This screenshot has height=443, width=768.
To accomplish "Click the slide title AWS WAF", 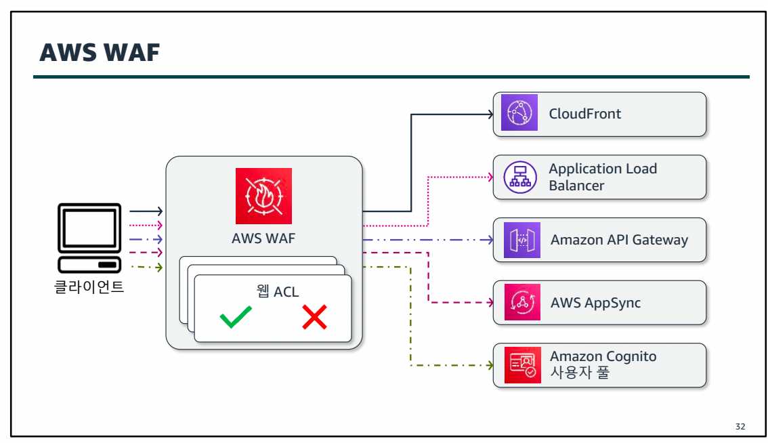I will tap(100, 52).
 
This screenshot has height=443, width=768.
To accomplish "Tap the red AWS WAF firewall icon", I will tap(263, 196).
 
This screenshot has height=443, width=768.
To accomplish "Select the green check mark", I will tap(236, 316).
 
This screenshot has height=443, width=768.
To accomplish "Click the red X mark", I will tap(315, 316).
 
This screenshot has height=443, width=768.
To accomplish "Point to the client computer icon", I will tap(89, 238).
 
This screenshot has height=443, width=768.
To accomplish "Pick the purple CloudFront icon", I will tap(519, 112).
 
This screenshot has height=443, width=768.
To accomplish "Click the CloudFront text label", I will tap(584, 114).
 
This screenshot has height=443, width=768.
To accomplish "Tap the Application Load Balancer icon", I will tap(520, 177).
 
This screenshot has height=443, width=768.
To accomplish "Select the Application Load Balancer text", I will tap(603, 177).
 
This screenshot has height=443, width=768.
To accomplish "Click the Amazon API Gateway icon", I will tap(521, 240).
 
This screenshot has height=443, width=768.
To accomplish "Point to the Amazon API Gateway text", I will tap(619, 240).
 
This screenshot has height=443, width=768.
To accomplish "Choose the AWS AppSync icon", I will tap(522, 302).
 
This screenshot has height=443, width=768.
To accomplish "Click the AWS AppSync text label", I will tap(595, 303).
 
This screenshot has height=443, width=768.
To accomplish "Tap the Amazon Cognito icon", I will tap(522, 365).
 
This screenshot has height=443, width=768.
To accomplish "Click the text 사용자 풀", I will tap(579, 373).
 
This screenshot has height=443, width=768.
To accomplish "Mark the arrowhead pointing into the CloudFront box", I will tap(490, 114).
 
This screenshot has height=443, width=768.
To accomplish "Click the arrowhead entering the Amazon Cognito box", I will tap(490, 366).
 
